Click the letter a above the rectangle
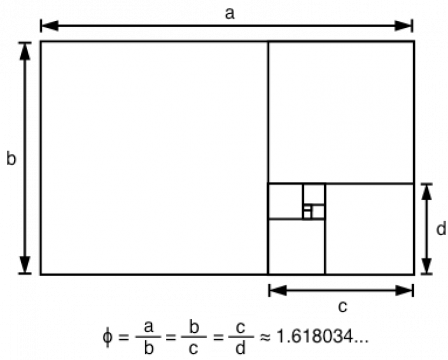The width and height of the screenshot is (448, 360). click(231, 13)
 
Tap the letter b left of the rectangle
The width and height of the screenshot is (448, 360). click(11, 158)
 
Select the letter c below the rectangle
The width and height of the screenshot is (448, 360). click(343, 304)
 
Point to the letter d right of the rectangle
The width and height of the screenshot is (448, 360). click(440, 229)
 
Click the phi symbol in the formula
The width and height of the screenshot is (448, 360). click(108, 337)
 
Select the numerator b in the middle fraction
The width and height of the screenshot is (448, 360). click(196, 326)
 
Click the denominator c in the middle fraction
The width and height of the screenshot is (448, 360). click(196, 348)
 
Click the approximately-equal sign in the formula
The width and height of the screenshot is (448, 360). click(266, 337)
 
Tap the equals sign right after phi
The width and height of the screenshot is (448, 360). click(124, 337)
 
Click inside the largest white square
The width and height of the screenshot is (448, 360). click(154, 157)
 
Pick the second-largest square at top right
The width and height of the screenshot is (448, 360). click(340, 112)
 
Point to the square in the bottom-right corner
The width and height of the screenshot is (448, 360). click(368, 228)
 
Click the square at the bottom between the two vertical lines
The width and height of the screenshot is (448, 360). click(296, 246)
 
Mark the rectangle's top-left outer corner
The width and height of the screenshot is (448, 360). click(42, 43)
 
